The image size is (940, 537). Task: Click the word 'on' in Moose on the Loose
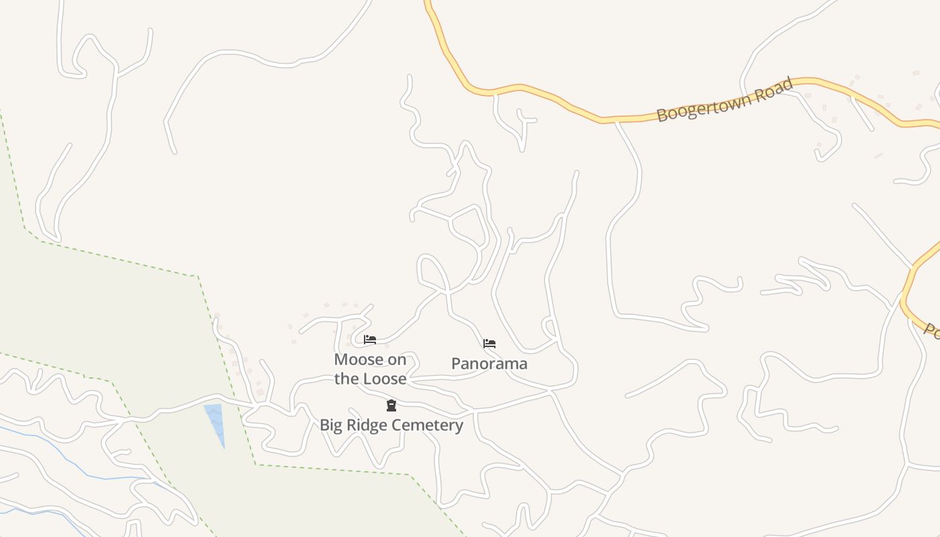pyautogui.click(x=397, y=360)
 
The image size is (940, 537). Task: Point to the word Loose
pyautogui.click(x=385, y=379)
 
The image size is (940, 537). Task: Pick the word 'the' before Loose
pyautogui.click(x=346, y=379)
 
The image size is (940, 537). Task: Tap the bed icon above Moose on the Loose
pyautogui.click(x=369, y=340)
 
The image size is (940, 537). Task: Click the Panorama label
pyautogui.click(x=489, y=364)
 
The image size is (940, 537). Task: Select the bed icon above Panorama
pyautogui.click(x=489, y=344)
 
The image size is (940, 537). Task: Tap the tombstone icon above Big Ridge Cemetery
pyautogui.click(x=391, y=405)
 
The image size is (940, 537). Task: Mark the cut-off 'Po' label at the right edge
pyautogui.click(x=931, y=330)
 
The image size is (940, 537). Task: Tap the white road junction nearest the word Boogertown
pyautogui.click(x=616, y=122)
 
